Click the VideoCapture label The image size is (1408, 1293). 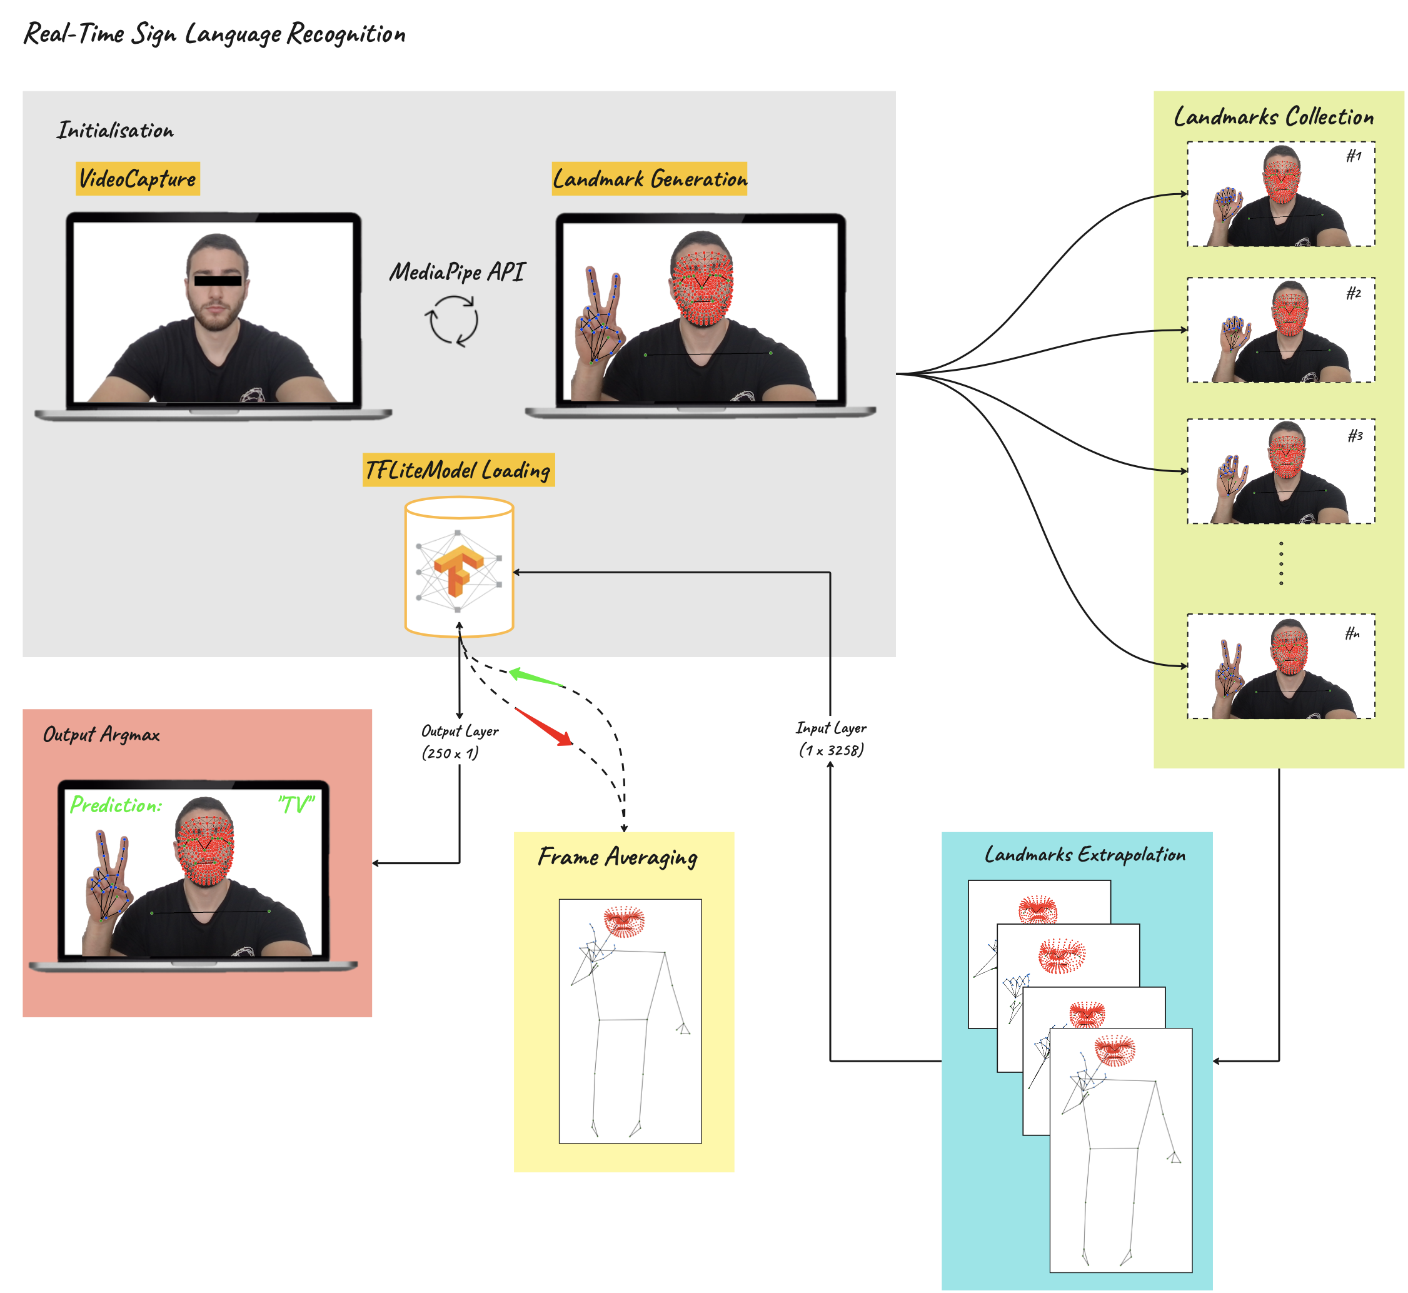pyautogui.click(x=137, y=178)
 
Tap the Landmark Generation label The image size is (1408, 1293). pyautogui.click(x=650, y=178)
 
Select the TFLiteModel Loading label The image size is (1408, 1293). pyautogui.click(x=458, y=470)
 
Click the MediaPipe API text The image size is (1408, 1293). pyautogui.click(x=456, y=271)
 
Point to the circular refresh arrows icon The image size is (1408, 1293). pyautogui.click(x=452, y=321)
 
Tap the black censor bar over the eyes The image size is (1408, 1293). pyautogui.click(x=218, y=281)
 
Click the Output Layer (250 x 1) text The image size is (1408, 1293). pyautogui.click(x=460, y=742)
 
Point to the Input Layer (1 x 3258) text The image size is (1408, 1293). pyautogui.click(x=832, y=739)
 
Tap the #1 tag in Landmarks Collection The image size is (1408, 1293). pyautogui.click(x=1354, y=155)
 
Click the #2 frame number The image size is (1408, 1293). pyautogui.click(x=1354, y=293)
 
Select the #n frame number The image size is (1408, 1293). pyautogui.click(x=1352, y=634)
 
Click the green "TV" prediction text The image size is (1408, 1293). pyautogui.click(x=297, y=805)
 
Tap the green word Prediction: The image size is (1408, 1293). pyautogui.click(x=116, y=805)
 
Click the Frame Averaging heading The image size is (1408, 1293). pyautogui.click(x=618, y=857)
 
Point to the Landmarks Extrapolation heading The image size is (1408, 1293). pyautogui.click(x=1085, y=854)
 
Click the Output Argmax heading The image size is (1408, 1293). pyautogui.click(x=101, y=735)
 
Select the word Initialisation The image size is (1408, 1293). pyautogui.click(x=116, y=131)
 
